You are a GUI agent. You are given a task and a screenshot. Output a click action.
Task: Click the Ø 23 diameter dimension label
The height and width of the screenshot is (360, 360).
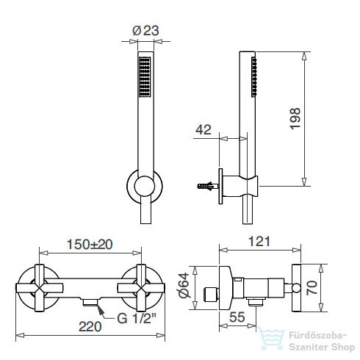click(145, 31)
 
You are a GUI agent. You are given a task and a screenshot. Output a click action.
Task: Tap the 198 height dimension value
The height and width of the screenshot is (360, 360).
click(295, 118)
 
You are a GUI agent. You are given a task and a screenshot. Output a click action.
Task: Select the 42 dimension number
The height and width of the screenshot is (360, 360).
click(204, 129)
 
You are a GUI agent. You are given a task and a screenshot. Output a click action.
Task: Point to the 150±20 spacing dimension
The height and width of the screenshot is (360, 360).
click(90, 245)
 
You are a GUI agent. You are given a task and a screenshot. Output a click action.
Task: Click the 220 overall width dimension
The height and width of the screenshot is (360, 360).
click(90, 327)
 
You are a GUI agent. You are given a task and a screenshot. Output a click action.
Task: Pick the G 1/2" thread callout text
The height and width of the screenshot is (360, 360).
click(137, 318)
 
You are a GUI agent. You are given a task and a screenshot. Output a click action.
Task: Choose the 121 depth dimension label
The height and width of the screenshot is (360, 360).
click(259, 242)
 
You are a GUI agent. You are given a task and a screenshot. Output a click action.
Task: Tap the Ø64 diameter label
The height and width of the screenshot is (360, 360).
click(184, 285)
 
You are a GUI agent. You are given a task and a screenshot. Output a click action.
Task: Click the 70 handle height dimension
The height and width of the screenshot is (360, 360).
click(312, 288)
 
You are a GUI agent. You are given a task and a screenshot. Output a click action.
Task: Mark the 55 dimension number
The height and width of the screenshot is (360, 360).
click(237, 317)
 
